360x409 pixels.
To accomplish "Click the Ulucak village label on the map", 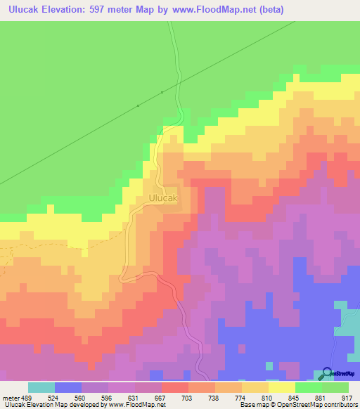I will tap(164, 199).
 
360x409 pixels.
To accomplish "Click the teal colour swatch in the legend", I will tap(41, 387).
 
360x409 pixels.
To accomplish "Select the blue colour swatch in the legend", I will tap(68, 387).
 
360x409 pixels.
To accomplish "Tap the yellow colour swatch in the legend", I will tap(281, 387).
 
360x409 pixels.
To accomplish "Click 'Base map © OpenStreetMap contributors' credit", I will tap(298, 405).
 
